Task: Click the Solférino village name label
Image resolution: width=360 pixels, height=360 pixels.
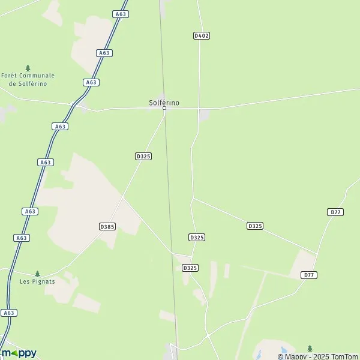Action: coord(164,103)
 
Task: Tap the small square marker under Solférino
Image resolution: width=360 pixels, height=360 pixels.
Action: coord(164,109)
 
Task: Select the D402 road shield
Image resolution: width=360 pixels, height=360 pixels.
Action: coord(202,36)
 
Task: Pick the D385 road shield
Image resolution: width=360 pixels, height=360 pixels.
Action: coord(107,226)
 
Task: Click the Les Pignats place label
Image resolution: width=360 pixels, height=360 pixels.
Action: coord(37,281)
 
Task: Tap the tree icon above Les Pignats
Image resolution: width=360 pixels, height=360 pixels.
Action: coord(37,274)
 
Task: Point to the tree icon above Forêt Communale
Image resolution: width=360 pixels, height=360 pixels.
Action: coord(28,68)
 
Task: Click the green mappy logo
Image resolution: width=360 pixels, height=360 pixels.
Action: coord(19,353)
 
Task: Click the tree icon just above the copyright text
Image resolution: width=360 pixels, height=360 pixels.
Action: coord(310,348)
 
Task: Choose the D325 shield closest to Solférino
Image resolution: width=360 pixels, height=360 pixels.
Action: coord(143,156)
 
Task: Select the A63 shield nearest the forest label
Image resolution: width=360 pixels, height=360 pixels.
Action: coord(91,82)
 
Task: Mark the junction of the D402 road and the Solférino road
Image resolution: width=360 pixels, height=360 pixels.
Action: coord(199,109)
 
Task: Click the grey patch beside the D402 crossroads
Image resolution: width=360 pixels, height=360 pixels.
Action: coord(204,114)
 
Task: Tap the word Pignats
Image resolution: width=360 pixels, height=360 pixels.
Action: coord(45,281)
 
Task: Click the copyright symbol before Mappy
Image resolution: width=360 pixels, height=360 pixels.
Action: coord(280,356)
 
